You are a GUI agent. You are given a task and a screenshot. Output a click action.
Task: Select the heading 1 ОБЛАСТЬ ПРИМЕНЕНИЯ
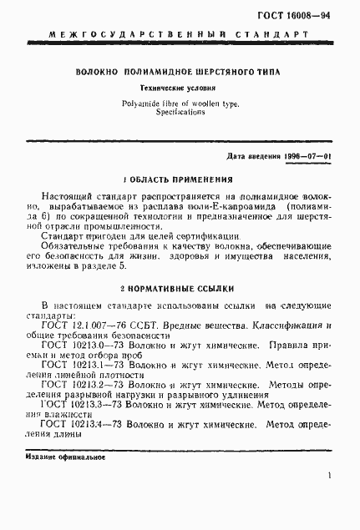179,179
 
